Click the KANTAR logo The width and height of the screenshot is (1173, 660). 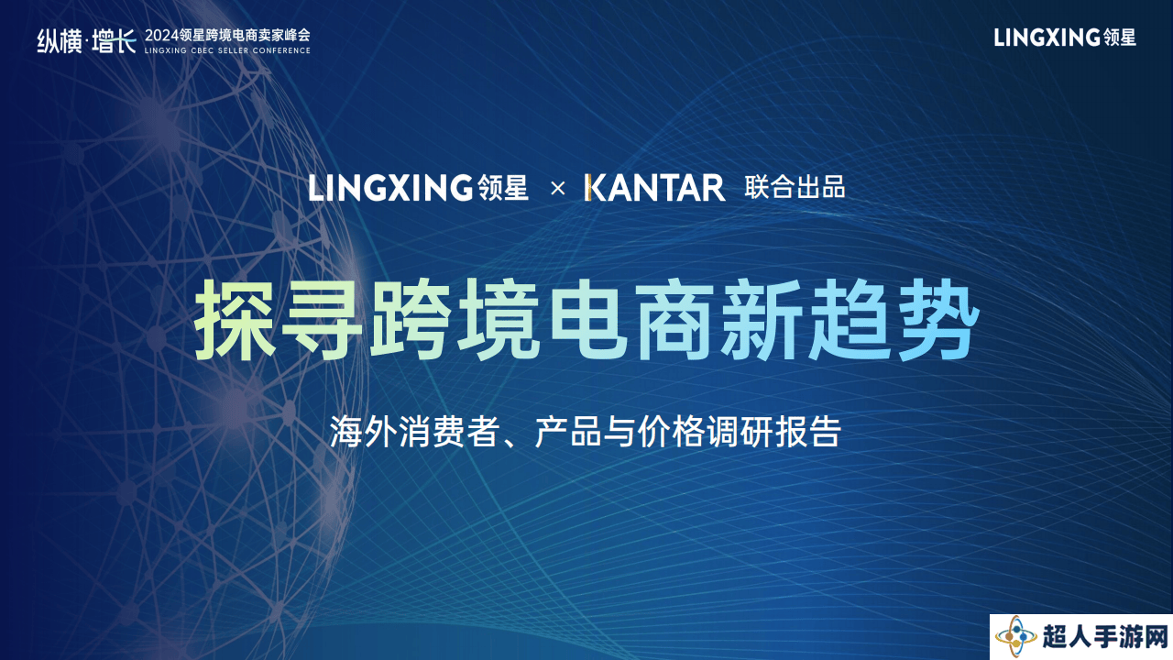(x=654, y=188)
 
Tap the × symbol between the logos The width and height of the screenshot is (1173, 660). (x=558, y=189)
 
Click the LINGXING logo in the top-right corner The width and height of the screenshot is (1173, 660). (x=1065, y=38)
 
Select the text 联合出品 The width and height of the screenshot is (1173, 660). (x=795, y=188)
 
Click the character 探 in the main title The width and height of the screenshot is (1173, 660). (x=236, y=320)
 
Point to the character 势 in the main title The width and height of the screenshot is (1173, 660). (x=937, y=320)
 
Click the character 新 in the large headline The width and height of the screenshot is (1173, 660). (x=762, y=320)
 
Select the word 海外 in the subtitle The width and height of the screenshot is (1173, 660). (x=364, y=432)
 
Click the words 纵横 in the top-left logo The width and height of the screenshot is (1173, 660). (x=60, y=41)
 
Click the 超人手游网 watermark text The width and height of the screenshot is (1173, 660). (x=1105, y=637)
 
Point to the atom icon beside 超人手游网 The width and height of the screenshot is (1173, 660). (x=1016, y=637)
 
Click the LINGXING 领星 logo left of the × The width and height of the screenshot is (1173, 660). (x=418, y=188)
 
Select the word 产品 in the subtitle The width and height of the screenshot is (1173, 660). (x=568, y=432)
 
